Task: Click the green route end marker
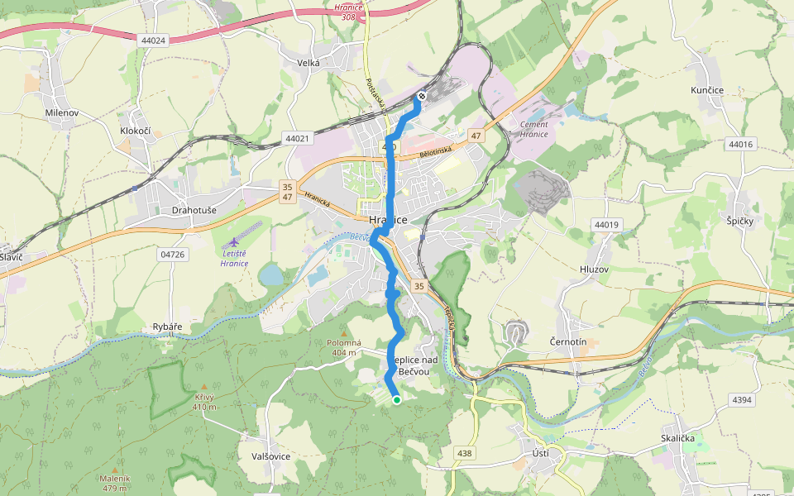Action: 396,400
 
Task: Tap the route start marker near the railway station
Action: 422,97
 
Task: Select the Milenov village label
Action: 61,112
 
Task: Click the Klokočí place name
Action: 135,131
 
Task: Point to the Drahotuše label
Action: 194,210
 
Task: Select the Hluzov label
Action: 594,269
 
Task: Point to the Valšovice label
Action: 270,455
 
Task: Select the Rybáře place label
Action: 167,327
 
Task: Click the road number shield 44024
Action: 154,40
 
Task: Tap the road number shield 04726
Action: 172,255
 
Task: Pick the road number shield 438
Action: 465,453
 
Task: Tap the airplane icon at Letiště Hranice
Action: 233,241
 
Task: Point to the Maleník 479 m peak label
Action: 116,482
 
